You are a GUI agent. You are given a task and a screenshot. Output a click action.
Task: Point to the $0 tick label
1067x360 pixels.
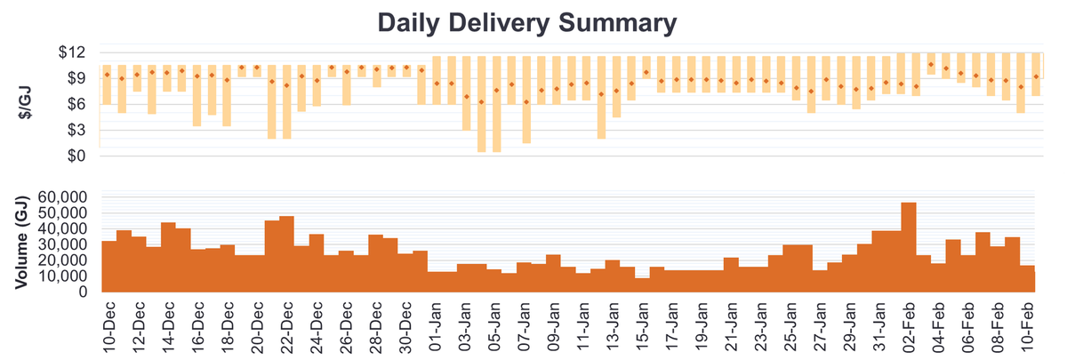74,156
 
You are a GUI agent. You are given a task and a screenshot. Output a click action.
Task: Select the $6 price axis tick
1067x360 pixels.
74,104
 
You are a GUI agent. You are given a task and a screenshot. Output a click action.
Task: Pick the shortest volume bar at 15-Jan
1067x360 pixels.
642,285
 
